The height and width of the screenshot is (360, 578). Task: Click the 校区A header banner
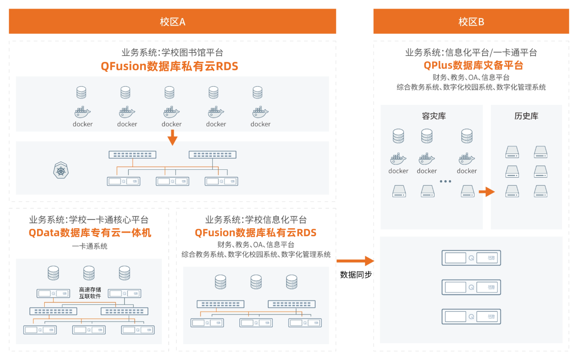(x=172, y=21)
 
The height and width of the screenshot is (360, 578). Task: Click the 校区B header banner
(x=471, y=21)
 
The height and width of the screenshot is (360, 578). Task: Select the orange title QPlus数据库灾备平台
(x=473, y=65)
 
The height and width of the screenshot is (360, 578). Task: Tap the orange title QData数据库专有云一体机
(x=90, y=233)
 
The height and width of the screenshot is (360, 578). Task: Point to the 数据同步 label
(x=356, y=274)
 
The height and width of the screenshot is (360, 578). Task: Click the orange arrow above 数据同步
(x=355, y=261)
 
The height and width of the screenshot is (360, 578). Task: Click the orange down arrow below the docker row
(x=172, y=137)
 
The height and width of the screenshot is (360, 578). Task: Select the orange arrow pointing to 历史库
(x=486, y=192)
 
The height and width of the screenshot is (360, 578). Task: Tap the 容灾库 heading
(x=433, y=116)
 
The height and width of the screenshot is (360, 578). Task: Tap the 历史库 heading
(x=526, y=116)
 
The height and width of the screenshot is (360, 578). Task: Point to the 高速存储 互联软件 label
(x=90, y=293)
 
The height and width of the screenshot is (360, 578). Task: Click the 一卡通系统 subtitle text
(x=90, y=246)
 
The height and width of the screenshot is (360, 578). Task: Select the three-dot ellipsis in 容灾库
(x=445, y=182)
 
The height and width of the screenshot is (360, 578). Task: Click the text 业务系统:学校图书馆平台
(x=172, y=52)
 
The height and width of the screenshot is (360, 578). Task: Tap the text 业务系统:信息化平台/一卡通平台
(x=471, y=52)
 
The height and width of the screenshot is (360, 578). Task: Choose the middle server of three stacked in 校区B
(x=471, y=287)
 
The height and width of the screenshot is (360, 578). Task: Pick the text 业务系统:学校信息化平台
(x=256, y=220)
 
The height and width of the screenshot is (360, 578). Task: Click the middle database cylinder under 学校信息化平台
(x=256, y=282)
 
